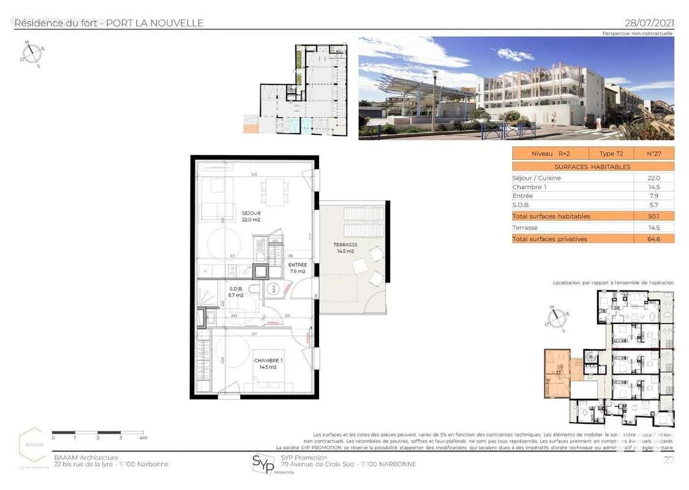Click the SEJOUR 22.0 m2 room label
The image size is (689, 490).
(250, 216)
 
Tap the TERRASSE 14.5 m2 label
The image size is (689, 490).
(345, 248)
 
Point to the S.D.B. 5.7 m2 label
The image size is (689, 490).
(236, 292)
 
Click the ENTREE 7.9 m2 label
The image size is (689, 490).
(297, 268)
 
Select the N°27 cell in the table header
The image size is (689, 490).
(656, 153)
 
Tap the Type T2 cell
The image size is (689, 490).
(611, 153)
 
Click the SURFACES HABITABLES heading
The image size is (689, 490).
(592, 167)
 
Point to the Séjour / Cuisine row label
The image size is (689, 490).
(537, 178)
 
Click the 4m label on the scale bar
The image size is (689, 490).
(143, 438)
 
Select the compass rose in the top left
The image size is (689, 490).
(31, 53)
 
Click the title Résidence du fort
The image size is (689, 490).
(58, 23)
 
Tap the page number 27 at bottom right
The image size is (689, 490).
(669, 460)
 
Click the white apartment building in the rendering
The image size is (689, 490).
(539, 92)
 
